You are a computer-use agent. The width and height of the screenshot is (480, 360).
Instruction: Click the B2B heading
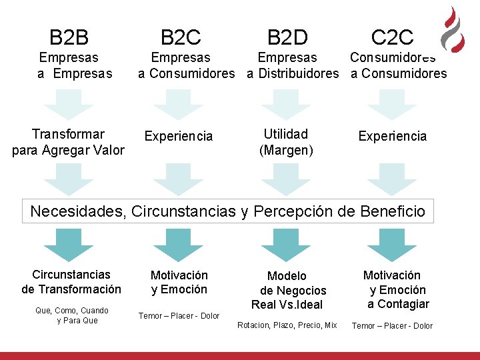tap(69, 37)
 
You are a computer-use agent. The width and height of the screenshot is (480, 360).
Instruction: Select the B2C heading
tap(181, 37)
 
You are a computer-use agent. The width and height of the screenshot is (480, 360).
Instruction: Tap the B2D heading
tap(287, 37)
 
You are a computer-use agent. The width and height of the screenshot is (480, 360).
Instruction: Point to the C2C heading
tap(392, 37)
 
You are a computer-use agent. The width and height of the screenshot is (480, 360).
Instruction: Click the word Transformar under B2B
tap(69, 135)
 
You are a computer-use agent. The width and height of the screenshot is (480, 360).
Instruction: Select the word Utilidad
tap(286, 135)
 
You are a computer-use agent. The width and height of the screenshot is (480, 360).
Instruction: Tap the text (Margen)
tap(286, 150)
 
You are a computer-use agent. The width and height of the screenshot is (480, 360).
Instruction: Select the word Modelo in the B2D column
tap(287, 276)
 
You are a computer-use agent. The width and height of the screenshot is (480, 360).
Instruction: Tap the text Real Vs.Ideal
tap(287, 305)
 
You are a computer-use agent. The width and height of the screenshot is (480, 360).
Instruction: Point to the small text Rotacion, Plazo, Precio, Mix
tap(287, 325)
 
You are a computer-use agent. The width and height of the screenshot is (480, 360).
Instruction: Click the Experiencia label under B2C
tap(179, 137)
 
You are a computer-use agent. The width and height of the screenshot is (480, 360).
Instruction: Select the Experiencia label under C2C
tap(392, 136)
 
